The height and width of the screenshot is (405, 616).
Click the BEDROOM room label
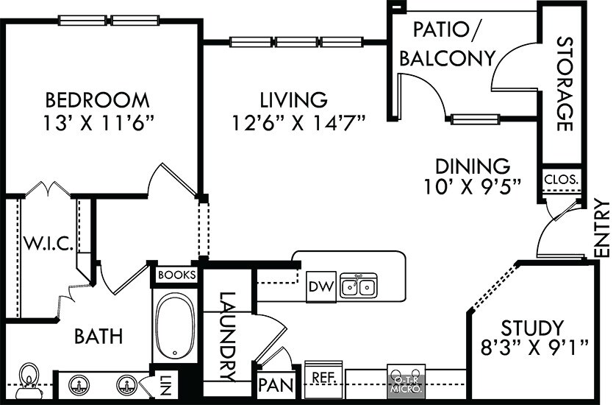pyautogui.click(x=98, y=100)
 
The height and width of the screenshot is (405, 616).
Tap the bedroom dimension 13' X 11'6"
pyautogui.click(x=98, y=123)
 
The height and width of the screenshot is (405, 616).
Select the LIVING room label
pyautogui.click(x=294, y=100)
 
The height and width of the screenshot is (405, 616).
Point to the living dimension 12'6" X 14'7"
pyautogui.click(x=298, y=123)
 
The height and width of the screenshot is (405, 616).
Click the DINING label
pyautogui.click(x=473, y=166)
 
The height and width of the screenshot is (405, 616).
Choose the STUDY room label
pyautogui.click(x=532, y=328)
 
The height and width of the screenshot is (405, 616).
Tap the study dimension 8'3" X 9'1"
pyautogui.click(x=534, y=348)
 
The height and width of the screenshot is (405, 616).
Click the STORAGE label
pyautogui.click(x=565, y=84)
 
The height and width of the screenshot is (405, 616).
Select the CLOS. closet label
pyautogui.click(x=562, y=180)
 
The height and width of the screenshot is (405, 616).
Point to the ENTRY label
pyautogui.click(x=602, y=228)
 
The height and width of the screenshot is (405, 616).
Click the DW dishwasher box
pyautogui.click(x=321, y=286)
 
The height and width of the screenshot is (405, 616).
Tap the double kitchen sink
pyautogui.click(x=359, y=286)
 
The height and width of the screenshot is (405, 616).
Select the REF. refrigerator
pyautogui.click(x=323, y=379)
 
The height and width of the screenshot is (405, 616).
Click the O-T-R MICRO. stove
pyautogui.click(x=407, y=381)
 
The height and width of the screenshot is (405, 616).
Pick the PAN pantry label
pyautogui.click(x=276, y=385)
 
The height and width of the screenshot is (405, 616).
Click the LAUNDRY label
pyautogui.click(x=227, y=337)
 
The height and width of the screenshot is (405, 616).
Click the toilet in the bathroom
pyautogui.click(x=29, y=380)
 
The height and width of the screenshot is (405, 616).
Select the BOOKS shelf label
pyautogui.click(x=176, y=275)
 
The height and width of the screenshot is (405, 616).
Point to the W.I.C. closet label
pyautogui.click(x=49, y=244)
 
